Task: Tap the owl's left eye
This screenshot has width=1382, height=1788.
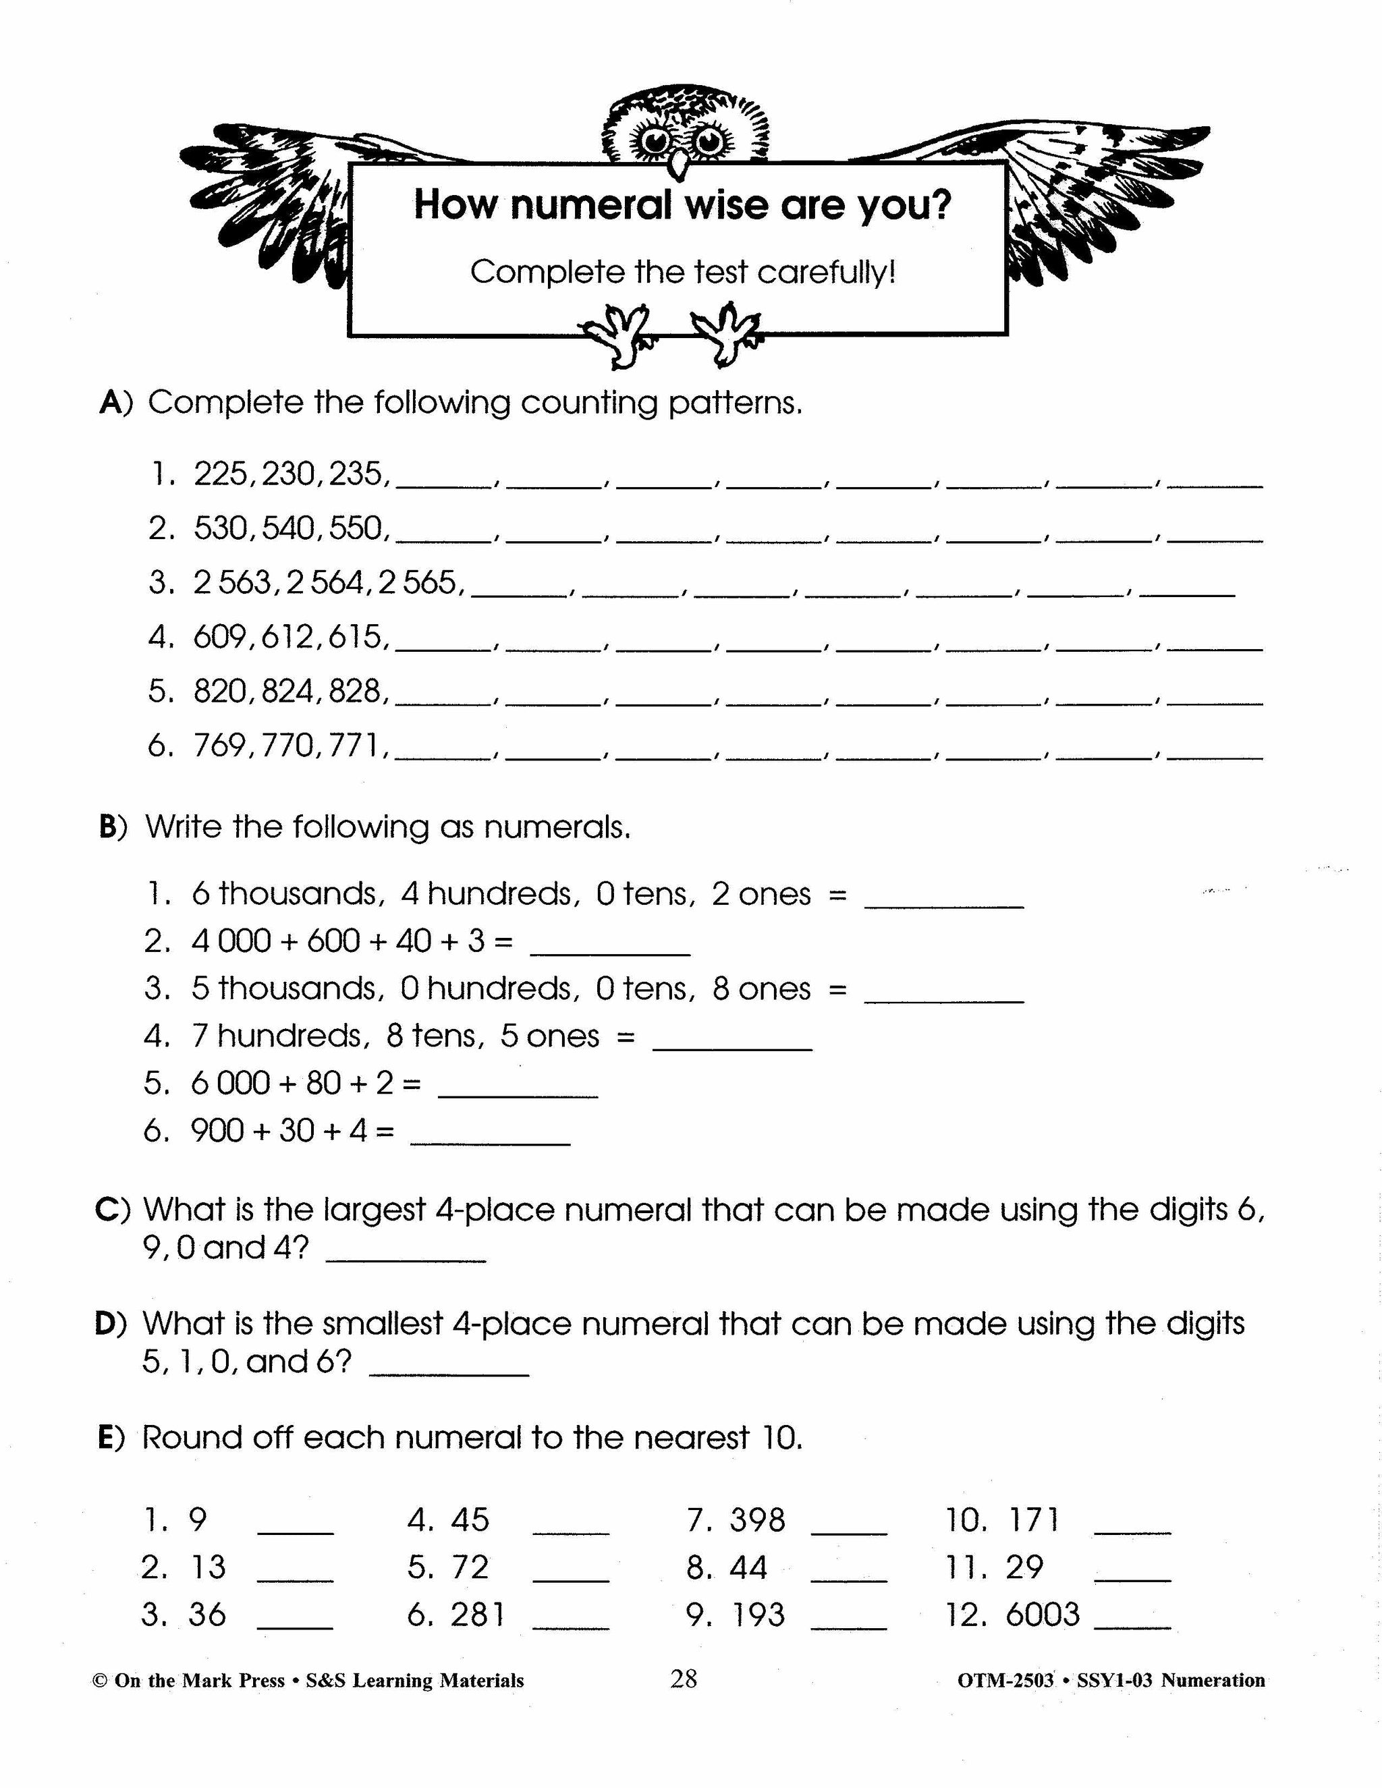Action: point(656,141)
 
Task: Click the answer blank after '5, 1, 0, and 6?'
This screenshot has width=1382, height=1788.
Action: point(449,1367)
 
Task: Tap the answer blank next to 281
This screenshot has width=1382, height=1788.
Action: point(571,1621)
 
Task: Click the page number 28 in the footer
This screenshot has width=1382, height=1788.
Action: point(684,1679)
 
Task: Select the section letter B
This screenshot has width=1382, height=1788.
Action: point(109,828)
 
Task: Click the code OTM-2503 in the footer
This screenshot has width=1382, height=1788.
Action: point(1005,1681)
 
